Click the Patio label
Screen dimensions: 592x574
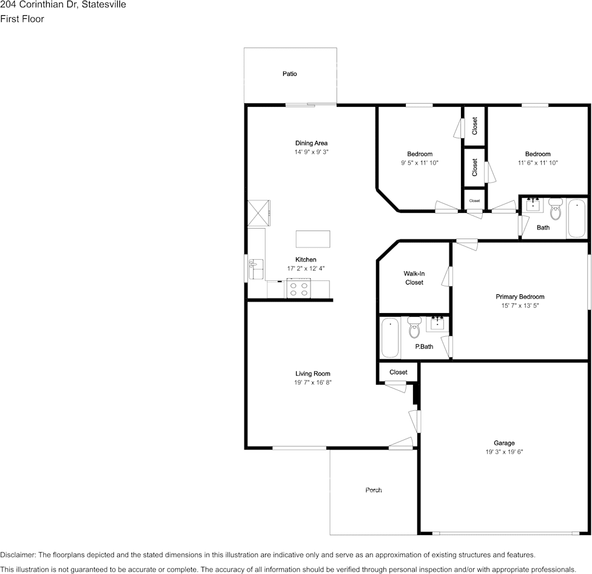pos(289,73)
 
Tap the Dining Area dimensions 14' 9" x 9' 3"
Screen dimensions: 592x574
pos(312,152)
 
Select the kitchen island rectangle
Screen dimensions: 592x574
pos(313,239)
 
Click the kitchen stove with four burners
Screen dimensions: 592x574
pos(298,288)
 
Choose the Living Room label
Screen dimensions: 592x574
pos(312,374)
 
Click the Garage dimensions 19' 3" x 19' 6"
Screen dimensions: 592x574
pos(504,451)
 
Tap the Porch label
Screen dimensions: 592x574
pos(374,490)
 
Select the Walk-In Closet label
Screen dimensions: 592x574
pos(414,278)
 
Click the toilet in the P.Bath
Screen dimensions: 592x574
pos(414,328)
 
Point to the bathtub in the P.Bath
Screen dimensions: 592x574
pos(390,337)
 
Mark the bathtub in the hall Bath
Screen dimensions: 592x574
pos(576,218)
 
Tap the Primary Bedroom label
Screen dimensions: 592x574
pos(520,297)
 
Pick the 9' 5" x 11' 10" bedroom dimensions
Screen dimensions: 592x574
pos(420,163)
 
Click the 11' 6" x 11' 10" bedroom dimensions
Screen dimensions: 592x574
pos(537,163)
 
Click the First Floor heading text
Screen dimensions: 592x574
pos(22,19)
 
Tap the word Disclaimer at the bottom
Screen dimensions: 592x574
pos(18,555)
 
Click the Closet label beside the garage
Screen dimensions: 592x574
pos(399,372)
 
